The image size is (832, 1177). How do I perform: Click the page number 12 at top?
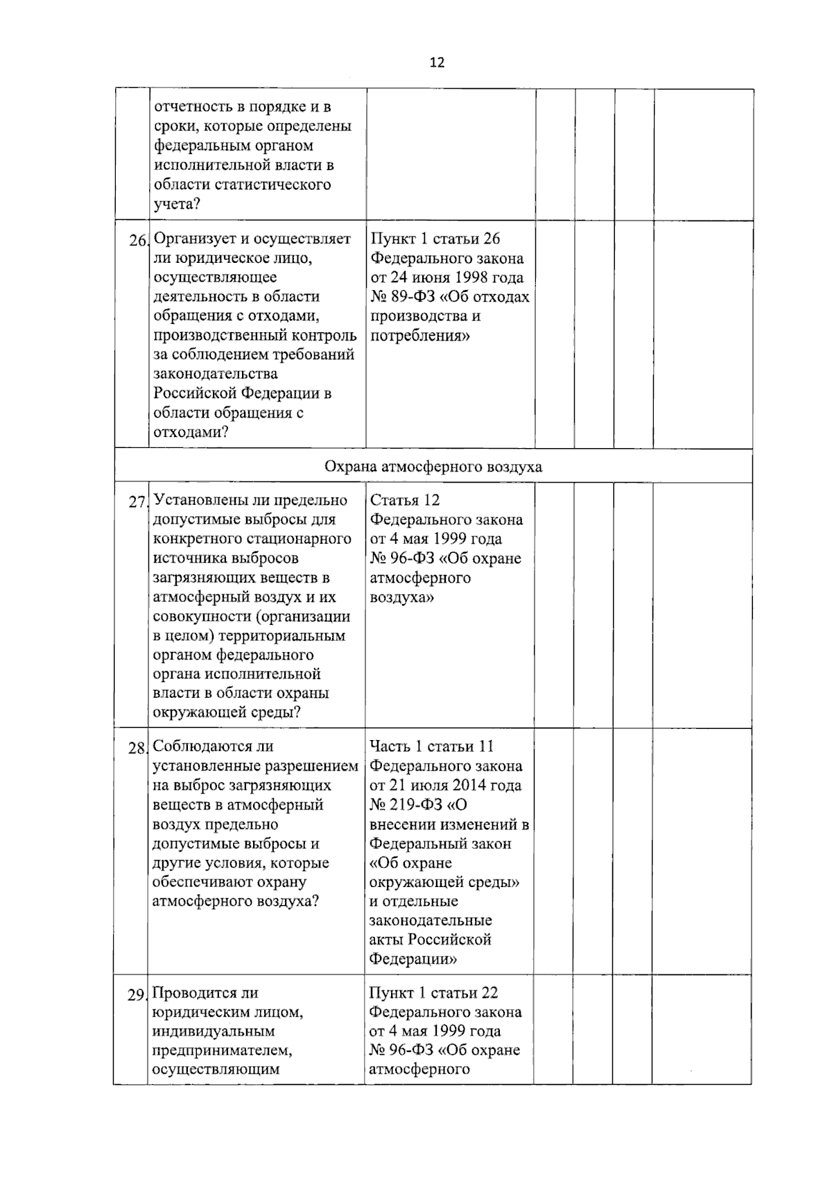click(x=437, y=62)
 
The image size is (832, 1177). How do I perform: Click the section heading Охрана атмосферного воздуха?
click(x=433, y=467)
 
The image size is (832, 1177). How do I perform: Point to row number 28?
click(x=137, y=748)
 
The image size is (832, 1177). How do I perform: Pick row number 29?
click(x=136, y=995)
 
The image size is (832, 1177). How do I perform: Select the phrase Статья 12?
click(x=405, y=500)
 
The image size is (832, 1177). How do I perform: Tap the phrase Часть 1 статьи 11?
click(x=431, y=746)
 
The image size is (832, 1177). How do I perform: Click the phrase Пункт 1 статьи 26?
click(x=435, y=239)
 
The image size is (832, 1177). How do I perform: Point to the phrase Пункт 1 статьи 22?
click(x=433, y=993)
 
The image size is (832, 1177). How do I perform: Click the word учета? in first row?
click(x=177, y=204)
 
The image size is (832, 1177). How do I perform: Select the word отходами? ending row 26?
click(x=191, y=432)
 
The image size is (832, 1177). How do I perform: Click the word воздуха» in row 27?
click(x=402, y=597)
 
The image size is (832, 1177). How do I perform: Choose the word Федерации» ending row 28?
click(x=413, y=959)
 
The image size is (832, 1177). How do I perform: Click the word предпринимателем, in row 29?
click(x=222, y=1050)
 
